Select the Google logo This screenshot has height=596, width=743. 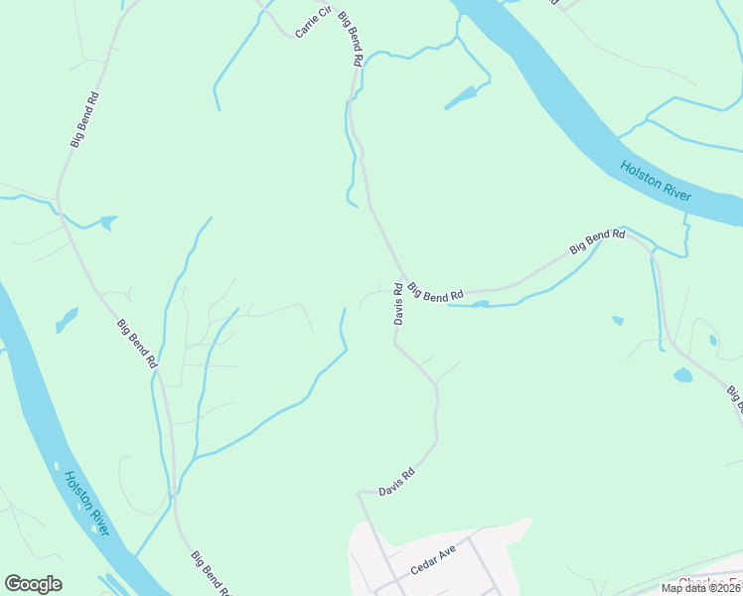point(33,584)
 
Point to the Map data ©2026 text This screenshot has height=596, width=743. point(700,588)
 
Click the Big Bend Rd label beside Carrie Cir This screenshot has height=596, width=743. point(350,40)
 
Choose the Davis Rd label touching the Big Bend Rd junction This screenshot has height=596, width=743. point(397,305)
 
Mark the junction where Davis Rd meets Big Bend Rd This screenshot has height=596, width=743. point(403,278)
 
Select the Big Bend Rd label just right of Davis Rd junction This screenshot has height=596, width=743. point(436,290)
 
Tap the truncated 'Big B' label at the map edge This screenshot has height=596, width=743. point(735,397)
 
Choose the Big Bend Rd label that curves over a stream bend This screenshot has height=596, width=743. point(597,241)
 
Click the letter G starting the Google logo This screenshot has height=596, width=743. point(13,584)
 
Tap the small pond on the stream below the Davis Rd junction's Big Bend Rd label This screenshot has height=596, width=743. point(481,304)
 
